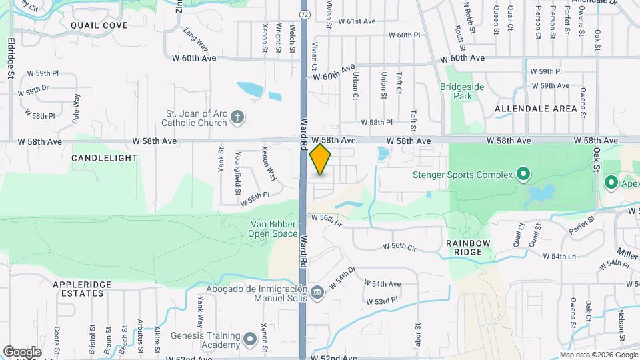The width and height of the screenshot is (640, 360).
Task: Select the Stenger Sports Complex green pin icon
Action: click(523, 175)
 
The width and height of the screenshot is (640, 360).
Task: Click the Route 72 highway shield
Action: click(303, 14)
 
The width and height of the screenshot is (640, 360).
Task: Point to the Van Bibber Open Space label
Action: click(273, 229)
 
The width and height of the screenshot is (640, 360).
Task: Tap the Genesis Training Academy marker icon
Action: click(251, 340)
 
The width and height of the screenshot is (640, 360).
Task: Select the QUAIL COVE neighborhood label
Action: click(99, 25)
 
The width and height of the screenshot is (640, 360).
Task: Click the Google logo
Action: click(22, 351)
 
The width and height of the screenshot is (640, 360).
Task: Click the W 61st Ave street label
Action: click(357, 21)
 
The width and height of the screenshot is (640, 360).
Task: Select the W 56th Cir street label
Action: click(399, 247)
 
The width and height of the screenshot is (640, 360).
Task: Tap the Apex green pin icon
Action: click(610, 181)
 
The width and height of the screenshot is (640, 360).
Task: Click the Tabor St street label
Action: click(418, 335)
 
